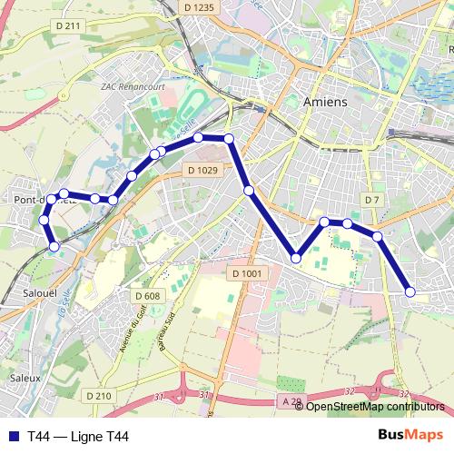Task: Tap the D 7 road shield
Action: [371, 199]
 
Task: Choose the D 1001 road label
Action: [246, 274]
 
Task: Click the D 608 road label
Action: [147, 296]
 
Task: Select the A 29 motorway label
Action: [291, 400]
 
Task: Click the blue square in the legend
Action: [14, 437]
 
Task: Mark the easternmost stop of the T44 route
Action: [410, 291]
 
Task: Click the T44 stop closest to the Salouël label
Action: [54, 246]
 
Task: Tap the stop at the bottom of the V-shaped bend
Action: [296, 259]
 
